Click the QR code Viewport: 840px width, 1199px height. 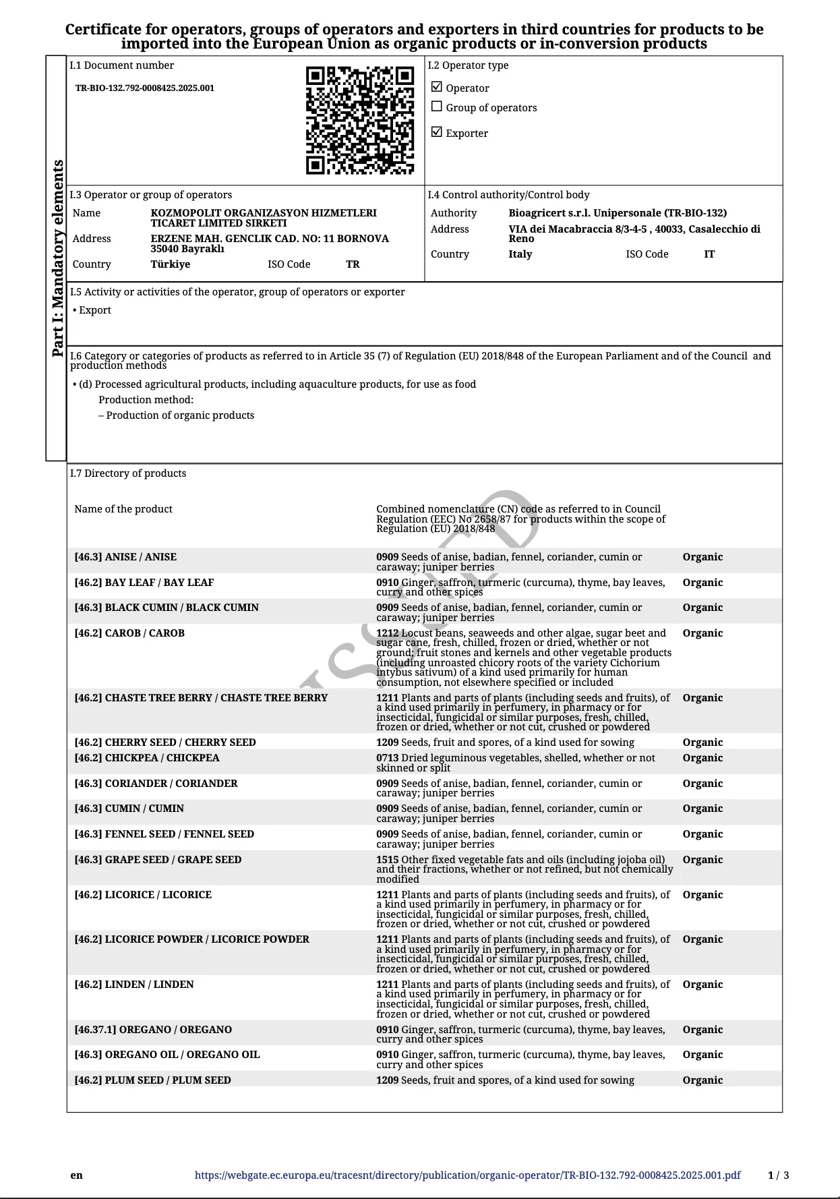click(x=360, y=120)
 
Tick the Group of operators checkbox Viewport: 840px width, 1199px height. click(x=437, y=107)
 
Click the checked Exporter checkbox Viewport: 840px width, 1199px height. click(x=437, y=132)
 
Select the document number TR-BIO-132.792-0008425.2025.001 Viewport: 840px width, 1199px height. click(x=145, y=88)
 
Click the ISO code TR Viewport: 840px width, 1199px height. click(x=353, y=264)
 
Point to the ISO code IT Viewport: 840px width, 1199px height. click(x=709, y=254)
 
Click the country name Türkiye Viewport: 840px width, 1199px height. click(x=171, y=264)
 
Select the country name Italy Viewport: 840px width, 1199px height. click(x=520, y=254)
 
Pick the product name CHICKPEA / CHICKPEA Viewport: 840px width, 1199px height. click(x=147, y=758)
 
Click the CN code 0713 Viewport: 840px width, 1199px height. click(x=387, y=758)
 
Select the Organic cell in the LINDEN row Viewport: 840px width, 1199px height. click(x=702, y=985)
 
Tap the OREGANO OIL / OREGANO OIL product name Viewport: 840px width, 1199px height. click(x=167, y=1055)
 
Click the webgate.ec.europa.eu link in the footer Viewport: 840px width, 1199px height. click(x=467, y=1175)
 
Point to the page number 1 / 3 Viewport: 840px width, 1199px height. click(x=778, y=1175)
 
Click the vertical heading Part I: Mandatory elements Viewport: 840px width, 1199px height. click(x=58, y=258)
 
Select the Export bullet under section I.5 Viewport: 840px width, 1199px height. click(x=94, y=310)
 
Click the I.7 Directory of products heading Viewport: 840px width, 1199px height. click(x=128, y=473)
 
